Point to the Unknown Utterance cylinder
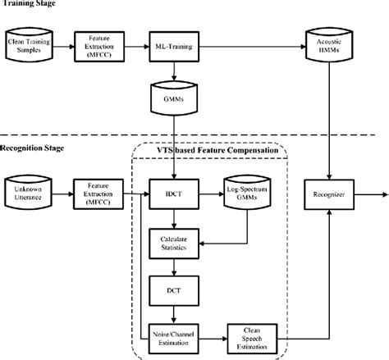pos(30,194)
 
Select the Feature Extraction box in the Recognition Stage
pos(97,194)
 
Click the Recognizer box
pos(328,194)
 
